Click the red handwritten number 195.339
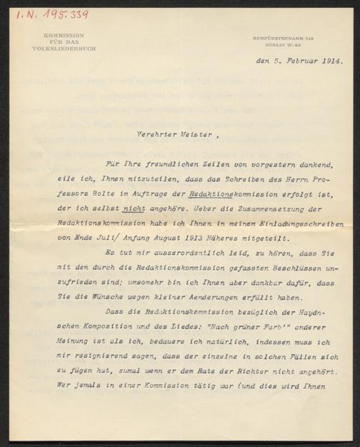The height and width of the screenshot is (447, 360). tap(64, 14)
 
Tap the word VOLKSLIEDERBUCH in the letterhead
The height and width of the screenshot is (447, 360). tap(64, 49)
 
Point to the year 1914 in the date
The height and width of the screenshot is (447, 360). tap(330, 61)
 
